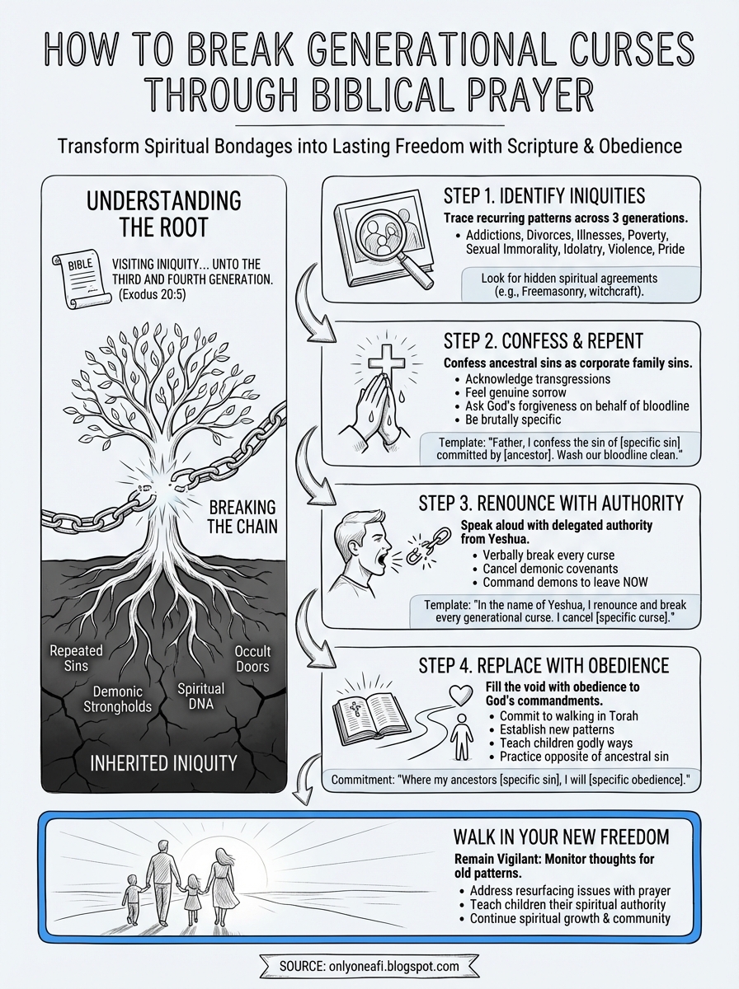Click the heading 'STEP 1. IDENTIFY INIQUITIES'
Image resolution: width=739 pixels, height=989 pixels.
544,196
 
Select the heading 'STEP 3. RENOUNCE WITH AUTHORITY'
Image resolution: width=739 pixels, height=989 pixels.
563,503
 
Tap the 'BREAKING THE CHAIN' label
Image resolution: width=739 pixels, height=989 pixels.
242,517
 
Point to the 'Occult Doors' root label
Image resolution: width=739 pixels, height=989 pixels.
252,658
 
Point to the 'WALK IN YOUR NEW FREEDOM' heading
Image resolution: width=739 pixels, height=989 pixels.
561,837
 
